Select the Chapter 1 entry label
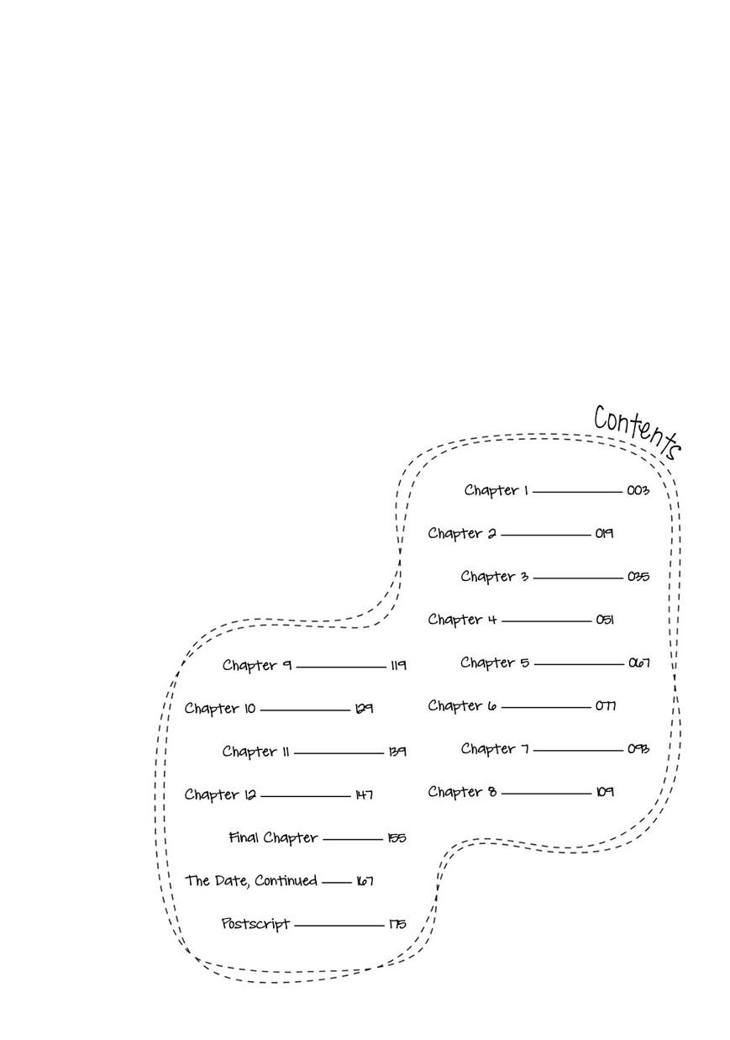pyautogui.click(x=496, y=490)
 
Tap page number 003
pyautogui.click(x=638, y=490)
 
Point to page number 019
pyautogui.click(x=604, y=533)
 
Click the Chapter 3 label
pyautogui.click(x=494, y=577)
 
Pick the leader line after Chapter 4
pyautogui.click(x=546, y=621)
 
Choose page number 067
pyautogui.click(x=638, y=663)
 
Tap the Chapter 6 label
pyautogui.click(x=462, y=706)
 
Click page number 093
pyautogui.click(x=638, y=748)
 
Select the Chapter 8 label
pyautogui.click(x=462, y=792)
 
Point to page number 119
pyautogui.click(x=397, y=665)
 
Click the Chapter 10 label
pyautogui.click(x=220, y=709)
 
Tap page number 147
pyautogui.click(x=364, y=795)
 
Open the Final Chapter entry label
pyautogui.click(x=273, y=837)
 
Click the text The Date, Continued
pyautogui.click(x=251, y=880)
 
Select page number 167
pyautogui.click(x=364, y=881)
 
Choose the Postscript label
pyautogui.click(x=255, y=923)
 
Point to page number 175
pyautogui.click(x=397, y=924)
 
